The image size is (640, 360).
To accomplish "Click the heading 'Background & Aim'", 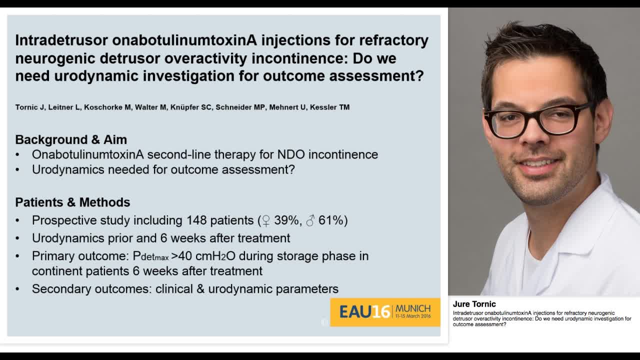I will tap(71, 139).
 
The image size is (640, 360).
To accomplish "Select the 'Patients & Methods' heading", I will tap(72, 202).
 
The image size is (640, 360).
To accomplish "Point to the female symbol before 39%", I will tap(266, 220).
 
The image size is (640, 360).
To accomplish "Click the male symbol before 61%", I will tap(310, 220).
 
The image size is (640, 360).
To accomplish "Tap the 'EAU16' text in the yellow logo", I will tap(364, 312).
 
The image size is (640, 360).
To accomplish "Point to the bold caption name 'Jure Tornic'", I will tap(474, 304).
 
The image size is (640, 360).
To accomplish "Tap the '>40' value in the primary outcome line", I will tap(181, 256).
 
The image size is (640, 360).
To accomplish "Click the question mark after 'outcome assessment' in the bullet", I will tap(291, 169).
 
